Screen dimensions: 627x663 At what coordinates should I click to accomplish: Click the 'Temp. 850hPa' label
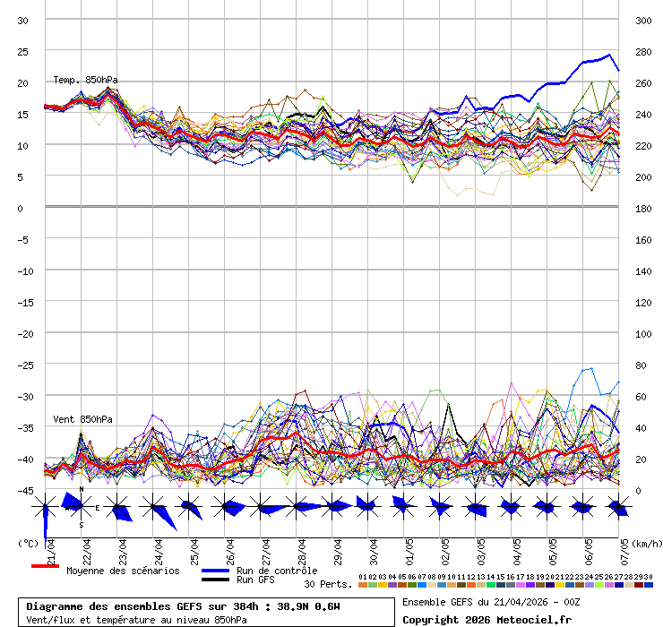point(85,80)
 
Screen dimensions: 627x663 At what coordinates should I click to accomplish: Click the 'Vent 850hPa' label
point(82,419)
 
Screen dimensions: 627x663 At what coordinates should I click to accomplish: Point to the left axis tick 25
point(23,51)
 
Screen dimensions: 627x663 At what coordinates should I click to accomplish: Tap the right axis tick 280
point(642,51)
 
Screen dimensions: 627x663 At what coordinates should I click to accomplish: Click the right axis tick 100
point(642,333)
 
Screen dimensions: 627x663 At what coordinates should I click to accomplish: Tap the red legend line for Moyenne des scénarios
point(45,566)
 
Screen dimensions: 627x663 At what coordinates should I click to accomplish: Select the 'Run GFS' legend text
point(255,580)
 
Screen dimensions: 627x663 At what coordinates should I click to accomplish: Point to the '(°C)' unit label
point(28,543)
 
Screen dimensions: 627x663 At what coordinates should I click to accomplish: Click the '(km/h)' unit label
point(645,543)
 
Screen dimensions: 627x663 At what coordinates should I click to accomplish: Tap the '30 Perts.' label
point(328,584)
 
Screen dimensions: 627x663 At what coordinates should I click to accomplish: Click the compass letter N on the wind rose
point(82,489)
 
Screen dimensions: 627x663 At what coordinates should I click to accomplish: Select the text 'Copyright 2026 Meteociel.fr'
point(486,619)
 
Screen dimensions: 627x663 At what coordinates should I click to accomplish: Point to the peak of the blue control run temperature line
point(611,55)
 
